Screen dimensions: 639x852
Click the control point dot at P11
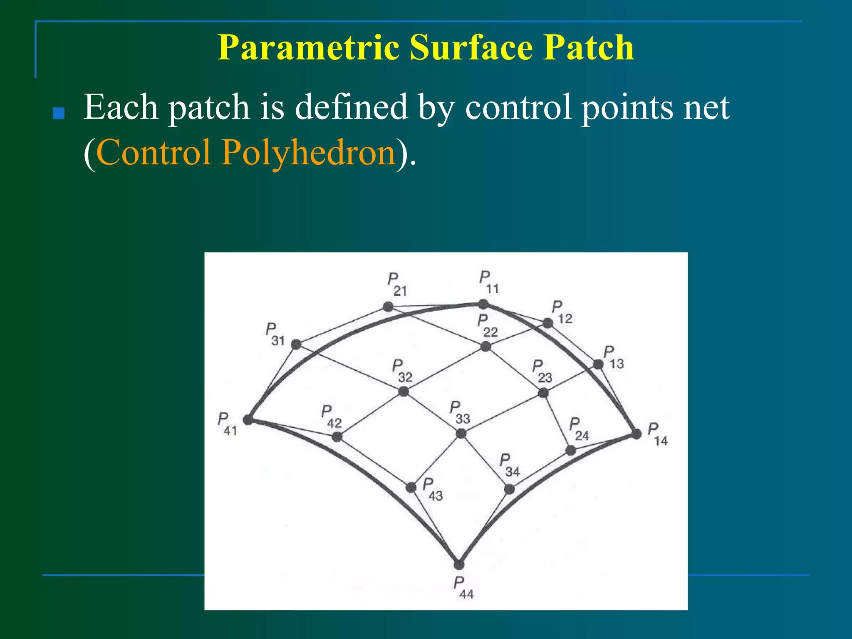(483, 304)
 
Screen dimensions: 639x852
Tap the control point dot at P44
(459, 565)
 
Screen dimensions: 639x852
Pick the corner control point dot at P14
(636, 434)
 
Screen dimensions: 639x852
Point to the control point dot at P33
(461, 433)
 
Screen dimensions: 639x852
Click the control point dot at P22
(485, 346)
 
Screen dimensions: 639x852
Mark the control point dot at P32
(403, 391)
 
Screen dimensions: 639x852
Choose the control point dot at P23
(543, 393)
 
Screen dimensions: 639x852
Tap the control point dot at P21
(388, 307)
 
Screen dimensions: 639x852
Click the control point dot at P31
(296, 344)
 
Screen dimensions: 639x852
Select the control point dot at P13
(598, 364)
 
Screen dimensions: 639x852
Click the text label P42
(331, 417)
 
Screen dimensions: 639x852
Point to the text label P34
(509, 466)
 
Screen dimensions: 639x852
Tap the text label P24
(579, 429)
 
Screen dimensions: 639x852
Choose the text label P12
(562, 312)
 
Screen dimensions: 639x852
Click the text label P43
(433, 490)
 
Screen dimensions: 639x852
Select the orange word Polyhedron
(308, 152)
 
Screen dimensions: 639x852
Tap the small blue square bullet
(59, 114)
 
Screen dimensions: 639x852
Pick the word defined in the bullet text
(351, 107)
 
